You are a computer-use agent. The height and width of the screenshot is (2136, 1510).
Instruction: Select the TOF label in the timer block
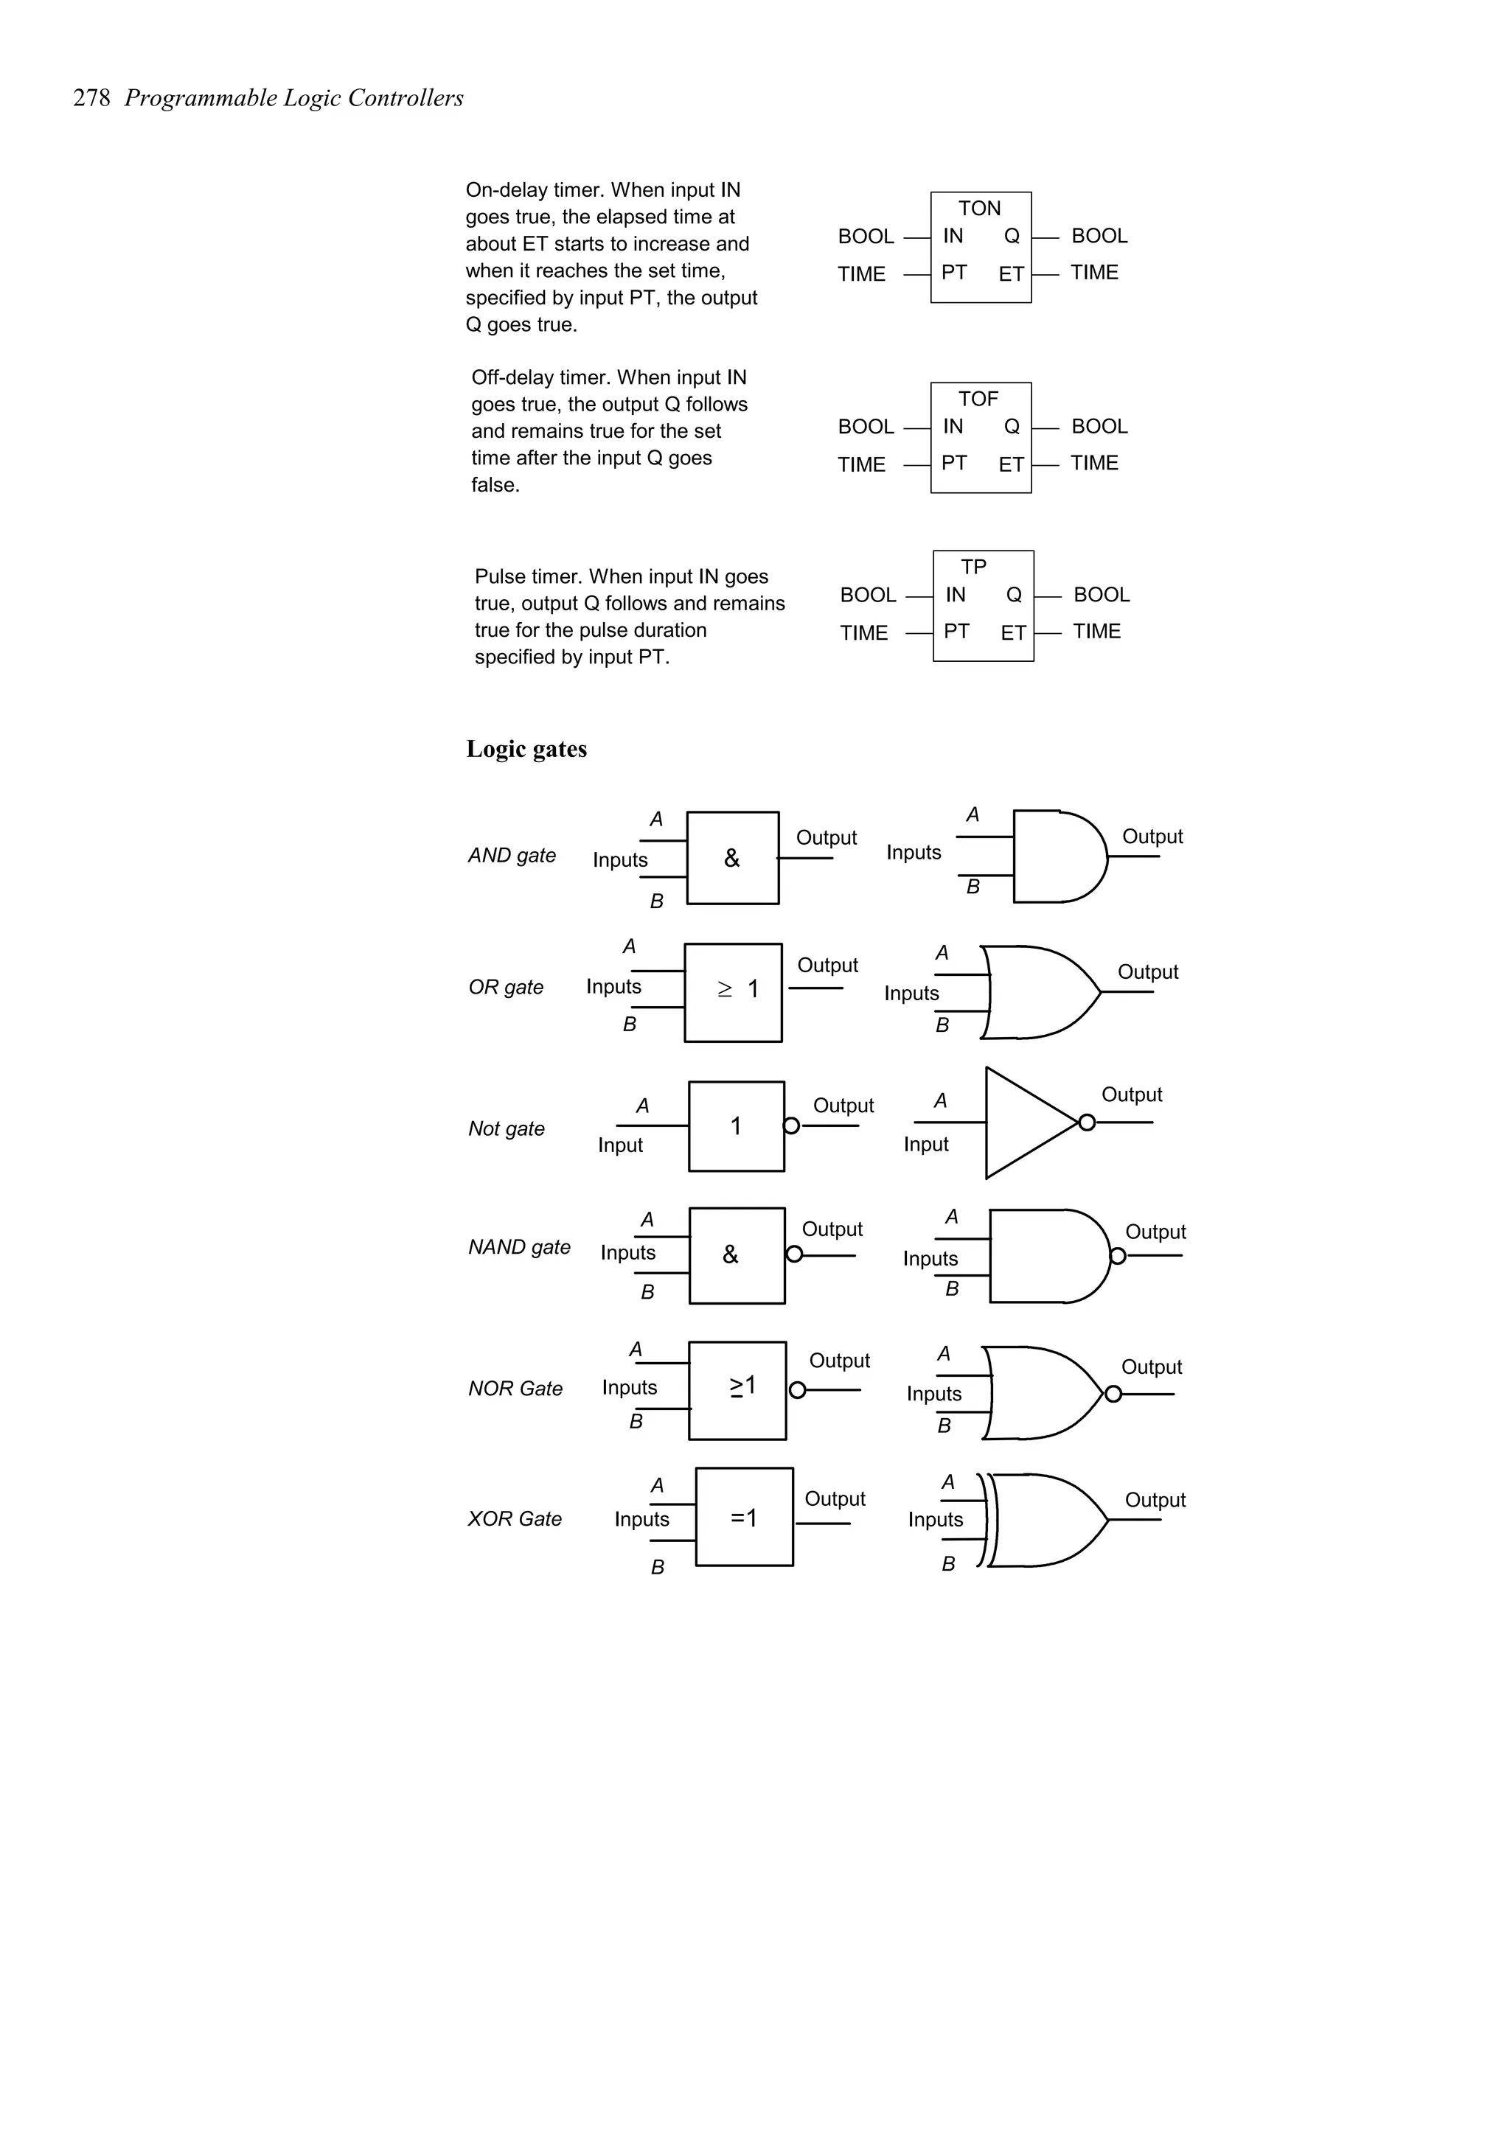pyautogui.click(x=978, y=399)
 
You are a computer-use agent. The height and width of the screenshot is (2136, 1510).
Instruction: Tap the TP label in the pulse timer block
pyautogui.click(x=973, y=567)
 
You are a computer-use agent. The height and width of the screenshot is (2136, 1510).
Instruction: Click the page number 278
pyautogui.click(x=91, y=99)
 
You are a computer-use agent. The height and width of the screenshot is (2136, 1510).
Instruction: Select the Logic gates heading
pyautogui.click(x=526, y=749)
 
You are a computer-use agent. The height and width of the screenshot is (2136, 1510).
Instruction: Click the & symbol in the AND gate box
pyautogui.click(x=732, y=859)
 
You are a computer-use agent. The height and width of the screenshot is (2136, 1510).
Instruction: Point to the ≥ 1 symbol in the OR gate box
pyautogui.click(x=738, y=989)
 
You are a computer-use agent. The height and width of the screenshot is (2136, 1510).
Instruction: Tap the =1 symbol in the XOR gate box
pyautogui.click(x=743, y=1518)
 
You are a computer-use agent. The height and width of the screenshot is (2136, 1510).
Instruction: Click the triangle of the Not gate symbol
pyautogui.click(x=1023, y=1123)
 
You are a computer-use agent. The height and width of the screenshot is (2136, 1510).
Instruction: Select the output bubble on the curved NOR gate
pyautogui.click(x=1113, y=1394)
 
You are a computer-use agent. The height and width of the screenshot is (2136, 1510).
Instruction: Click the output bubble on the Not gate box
pyautogui.click(x=792, y=1125)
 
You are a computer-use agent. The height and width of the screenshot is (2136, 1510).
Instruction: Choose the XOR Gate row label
pyautogui.click(x=515, y=1519)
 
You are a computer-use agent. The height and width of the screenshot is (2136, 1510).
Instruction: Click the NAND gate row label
pyautogui.click(x=519, y=1248)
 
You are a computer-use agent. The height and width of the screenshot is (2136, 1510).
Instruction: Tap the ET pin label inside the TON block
pyautogui.click(x=1012, y=274)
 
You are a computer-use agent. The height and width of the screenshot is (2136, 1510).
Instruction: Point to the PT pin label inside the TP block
pyautogui.click(x=956, y=632)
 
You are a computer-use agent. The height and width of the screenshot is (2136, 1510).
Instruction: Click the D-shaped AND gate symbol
pyautogui.click(x=1056, y=856)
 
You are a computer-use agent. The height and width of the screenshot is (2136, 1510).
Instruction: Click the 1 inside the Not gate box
pyautogui.click(x=736, y=1127)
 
